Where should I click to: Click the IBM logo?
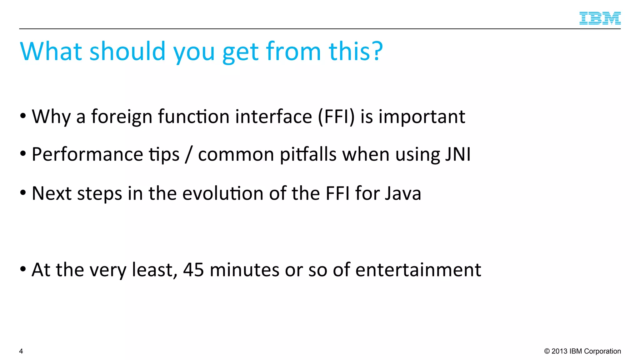[600, 18]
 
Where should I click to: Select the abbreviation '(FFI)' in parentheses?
[336, 117]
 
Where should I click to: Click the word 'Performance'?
[87, 154]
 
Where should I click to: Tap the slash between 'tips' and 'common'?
[188, 154]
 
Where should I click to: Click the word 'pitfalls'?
[308, 154]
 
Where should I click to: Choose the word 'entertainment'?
[418, 270]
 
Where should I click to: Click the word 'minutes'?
[244, 270]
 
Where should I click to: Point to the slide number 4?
[21, 351]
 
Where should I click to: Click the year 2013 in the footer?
[559, 351]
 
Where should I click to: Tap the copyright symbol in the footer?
[547, 351]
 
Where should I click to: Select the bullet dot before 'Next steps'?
[23, 193]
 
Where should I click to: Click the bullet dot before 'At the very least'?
[23, 269]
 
